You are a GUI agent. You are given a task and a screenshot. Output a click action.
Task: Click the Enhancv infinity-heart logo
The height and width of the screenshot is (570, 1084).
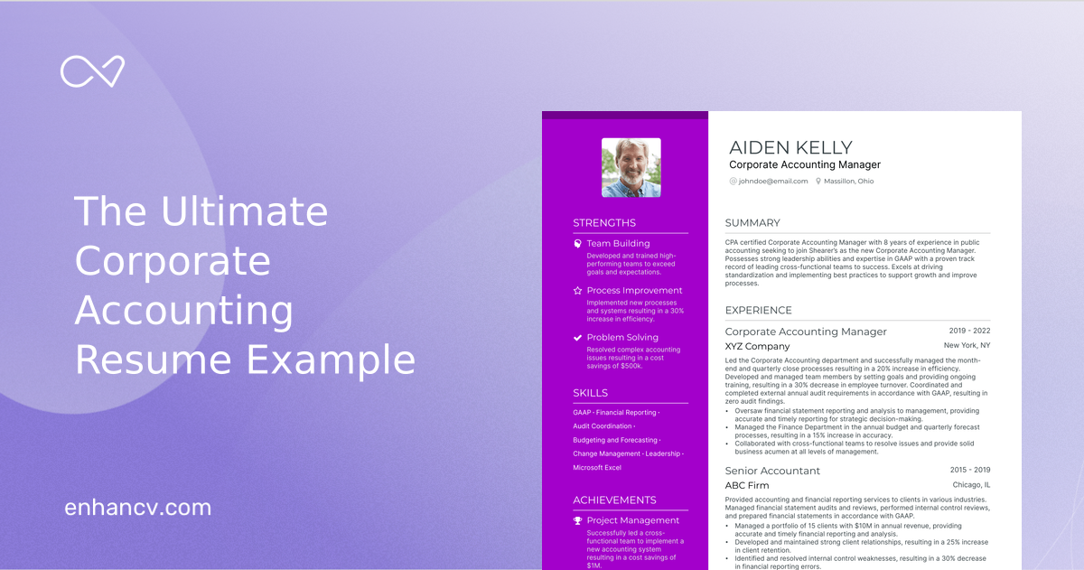pos(92,72)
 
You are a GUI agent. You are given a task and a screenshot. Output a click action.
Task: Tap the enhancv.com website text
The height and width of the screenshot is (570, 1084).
pos(137,508)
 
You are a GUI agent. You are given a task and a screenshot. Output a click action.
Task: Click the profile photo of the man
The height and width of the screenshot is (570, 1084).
pos(631,167)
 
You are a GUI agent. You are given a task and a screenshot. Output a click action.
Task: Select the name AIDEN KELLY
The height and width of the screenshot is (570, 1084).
pos(790,148)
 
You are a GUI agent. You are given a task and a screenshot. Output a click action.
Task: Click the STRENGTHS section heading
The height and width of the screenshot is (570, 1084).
pos(604,223)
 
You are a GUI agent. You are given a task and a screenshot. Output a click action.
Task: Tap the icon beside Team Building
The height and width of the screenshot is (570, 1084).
pos(578,244)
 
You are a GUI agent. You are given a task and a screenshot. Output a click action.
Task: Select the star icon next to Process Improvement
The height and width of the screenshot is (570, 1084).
pos(578,291)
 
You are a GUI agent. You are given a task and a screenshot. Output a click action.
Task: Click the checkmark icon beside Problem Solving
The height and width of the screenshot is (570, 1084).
pos(578,338)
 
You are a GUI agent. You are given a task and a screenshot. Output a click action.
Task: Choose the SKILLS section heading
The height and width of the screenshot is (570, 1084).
pos(591,393)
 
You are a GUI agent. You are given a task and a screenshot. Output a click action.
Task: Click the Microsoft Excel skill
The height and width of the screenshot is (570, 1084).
pos(597,468)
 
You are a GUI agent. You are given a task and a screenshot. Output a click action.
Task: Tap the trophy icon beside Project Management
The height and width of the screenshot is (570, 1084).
pos(578,520)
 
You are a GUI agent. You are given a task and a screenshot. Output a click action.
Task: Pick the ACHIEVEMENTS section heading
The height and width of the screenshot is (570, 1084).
pos(614,500)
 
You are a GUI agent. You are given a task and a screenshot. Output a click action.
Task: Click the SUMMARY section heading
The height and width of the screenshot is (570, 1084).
pos(752,223)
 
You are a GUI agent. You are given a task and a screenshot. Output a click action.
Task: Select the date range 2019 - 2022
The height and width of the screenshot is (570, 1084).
pos(969,332)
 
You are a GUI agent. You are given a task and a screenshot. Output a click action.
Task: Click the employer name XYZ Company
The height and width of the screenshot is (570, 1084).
pos(757,347)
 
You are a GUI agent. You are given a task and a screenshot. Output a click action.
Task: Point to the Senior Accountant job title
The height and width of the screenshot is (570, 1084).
pos(772,471)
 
